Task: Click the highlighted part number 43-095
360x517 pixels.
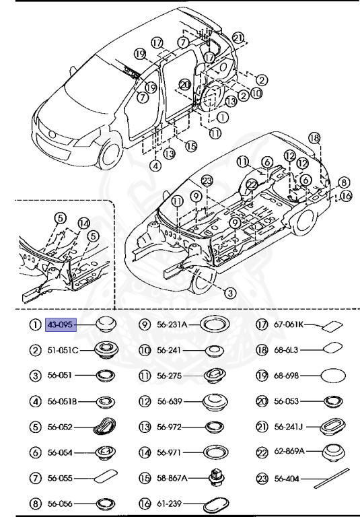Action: click(x=61, y=324)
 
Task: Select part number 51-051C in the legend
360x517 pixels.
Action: click(x=63, y=350)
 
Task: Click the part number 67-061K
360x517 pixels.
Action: click(x=289, y=324)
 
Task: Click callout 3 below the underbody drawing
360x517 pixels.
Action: click(x=229, y=293)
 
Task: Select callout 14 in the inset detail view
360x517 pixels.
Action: click(x=83, y=223)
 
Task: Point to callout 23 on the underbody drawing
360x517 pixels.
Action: click(x=207, y=180)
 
